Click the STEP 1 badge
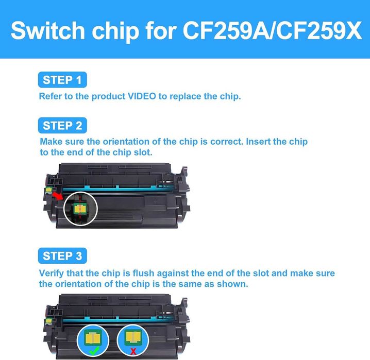[62, 80]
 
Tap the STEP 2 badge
[62, 125]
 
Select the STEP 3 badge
[62, 256]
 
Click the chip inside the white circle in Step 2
[81, 208]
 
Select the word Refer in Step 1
[51, 96]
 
